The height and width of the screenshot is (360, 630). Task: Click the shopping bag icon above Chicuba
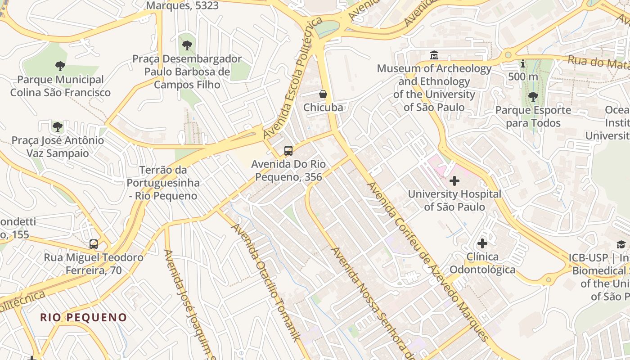[x=323, y=94]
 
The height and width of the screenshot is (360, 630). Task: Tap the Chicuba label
[x=323, y=108]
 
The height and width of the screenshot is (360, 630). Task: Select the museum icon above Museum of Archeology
[x=434, y=55]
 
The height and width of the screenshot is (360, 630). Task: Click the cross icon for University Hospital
[x=454, y=181]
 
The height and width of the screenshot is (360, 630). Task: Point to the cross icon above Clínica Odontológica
[x=482, y=243]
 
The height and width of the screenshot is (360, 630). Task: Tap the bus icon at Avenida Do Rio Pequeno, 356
[x=288, y=151]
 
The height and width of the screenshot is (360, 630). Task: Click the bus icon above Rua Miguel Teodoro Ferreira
[x=94, y=244]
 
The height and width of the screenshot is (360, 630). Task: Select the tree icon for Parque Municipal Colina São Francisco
[x=60, y=66]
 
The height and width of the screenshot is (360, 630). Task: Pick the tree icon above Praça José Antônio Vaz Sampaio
[x=58, y=126]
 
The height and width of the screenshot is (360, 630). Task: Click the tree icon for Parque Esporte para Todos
[x=533, y=96]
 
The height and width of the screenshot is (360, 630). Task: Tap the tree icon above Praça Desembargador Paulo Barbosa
[x=187, y=45]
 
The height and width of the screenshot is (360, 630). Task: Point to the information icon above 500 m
[x=523, y=64]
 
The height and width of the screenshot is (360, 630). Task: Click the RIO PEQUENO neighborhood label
[x=84, y=317]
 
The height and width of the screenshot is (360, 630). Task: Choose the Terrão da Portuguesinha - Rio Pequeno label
[x=163, y=183]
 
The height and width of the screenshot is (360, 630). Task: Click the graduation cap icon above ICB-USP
[x=621, y=244]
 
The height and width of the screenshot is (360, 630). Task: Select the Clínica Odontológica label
[x=482, y=263]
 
